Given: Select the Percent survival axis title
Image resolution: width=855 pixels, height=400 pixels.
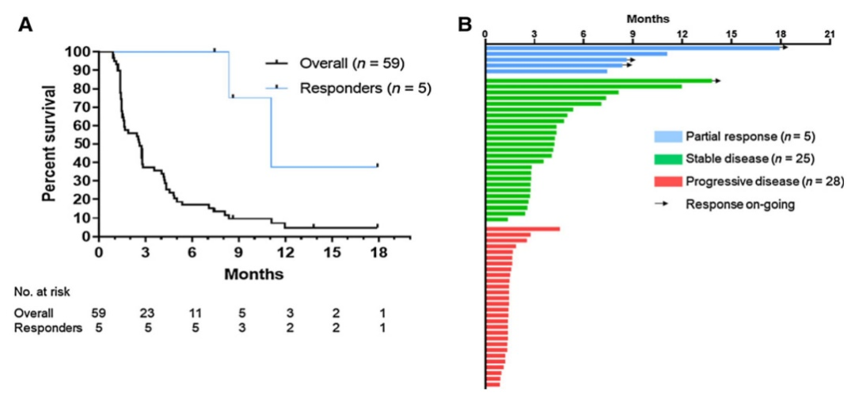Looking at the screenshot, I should [49, 143].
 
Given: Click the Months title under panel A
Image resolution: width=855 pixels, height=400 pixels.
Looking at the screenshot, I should [253, 274].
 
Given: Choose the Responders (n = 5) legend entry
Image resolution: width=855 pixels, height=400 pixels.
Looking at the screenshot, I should [366, 87].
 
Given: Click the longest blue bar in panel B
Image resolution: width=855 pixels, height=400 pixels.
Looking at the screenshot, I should [633, 48].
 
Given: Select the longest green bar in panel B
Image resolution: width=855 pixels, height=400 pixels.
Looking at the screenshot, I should [599, 81].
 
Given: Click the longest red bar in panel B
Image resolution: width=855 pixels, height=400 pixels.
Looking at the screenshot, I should [522, 229].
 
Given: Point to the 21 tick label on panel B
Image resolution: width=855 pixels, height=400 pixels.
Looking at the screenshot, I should [830, 33].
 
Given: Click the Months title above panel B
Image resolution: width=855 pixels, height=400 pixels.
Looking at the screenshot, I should [648, 17].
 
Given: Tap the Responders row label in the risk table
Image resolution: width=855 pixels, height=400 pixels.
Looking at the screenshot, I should [48, 328].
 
